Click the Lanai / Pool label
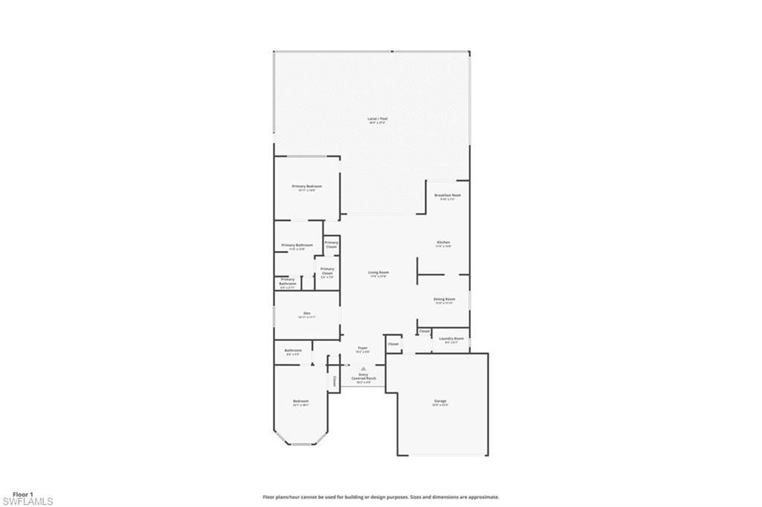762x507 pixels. pyautogui.click(x=377, y=119)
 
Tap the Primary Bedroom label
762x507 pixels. pyautogui.click(x=307, y=186)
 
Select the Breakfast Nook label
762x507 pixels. pyautogui.click(x=448, y=196)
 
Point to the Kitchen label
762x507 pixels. pyautogui.click(x=443, y=243)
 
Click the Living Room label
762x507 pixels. pyautogui.click(x=378, y=273)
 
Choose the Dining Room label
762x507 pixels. pyautogui.click(x=444, y=299)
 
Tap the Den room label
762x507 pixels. pyautogui.click(x=307, y=314)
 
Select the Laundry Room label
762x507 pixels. pyautogui.click(x=451, y=339)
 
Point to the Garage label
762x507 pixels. pyautogui.click(x=441, y=401)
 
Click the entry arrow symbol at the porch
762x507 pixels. pyautogui.click(x=363, y=369)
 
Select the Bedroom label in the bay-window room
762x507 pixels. pyautogui.click(x=300, y=401)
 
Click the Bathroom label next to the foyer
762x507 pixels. pyautogui.click(x=292, y=351)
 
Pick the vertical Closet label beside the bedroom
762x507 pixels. pyautogui.click(x=335, y=380)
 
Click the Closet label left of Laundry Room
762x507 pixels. pyautogui.click(x=424, y=331)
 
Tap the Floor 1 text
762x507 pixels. pyautogui.click(x=23, y=494)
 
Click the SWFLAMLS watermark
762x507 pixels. pyautogui.click(x=28, y=502)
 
